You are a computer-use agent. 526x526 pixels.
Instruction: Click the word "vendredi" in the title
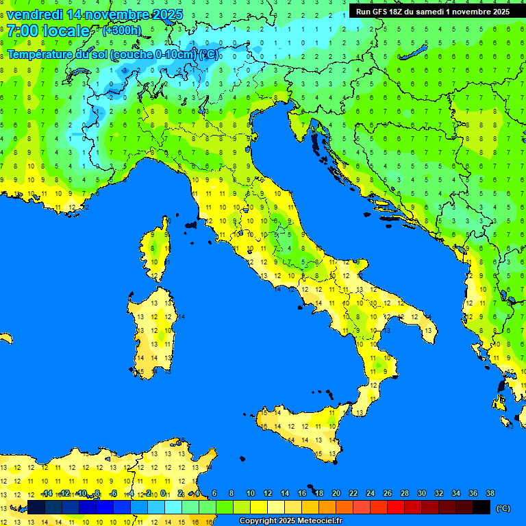[x=34, y=14]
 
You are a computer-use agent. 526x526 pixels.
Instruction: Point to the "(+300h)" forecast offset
[x=121, y=30]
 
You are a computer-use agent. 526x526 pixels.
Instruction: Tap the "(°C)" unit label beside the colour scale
[x=502, y=508]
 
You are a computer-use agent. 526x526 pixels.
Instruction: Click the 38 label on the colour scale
[x=490, y=494]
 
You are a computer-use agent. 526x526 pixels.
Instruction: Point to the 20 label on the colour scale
[x=336, y=494]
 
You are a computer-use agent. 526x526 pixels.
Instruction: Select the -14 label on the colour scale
[x=47, y=494]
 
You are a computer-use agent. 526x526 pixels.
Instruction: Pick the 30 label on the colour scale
[x=421, y=494]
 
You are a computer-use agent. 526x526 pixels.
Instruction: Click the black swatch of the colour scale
[x=481, y=508]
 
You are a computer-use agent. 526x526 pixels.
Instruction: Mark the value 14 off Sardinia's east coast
[x=181, y=317]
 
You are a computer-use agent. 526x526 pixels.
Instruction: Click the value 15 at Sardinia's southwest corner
[x=140, y=372]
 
